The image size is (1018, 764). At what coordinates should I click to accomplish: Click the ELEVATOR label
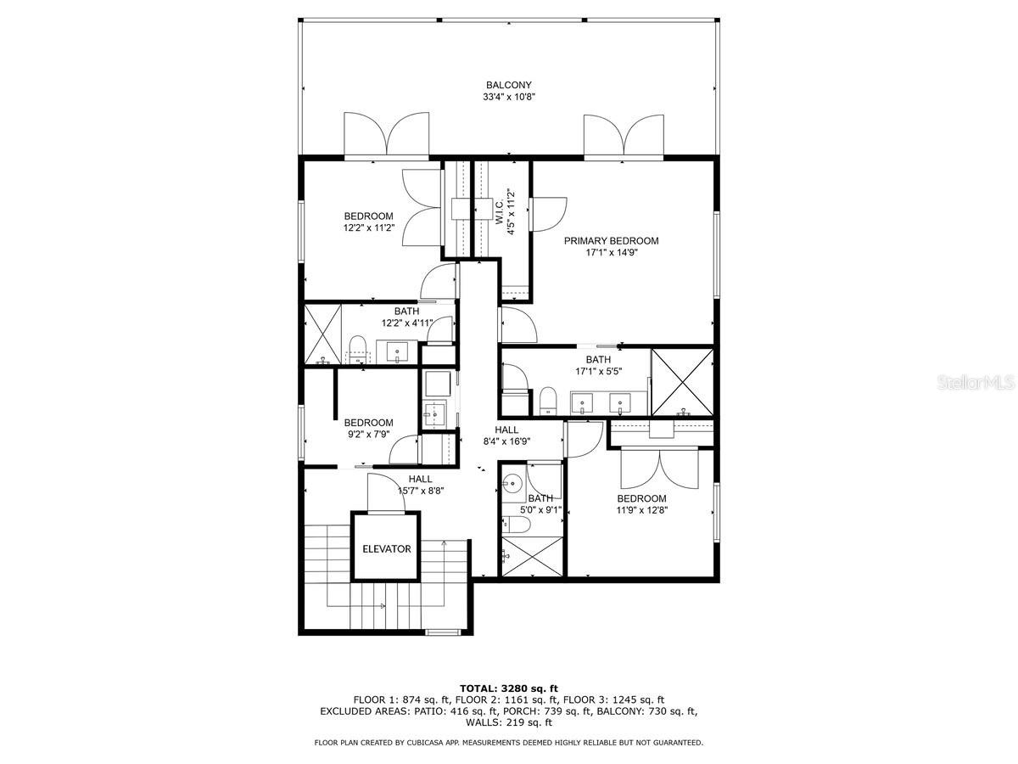pos(386,549)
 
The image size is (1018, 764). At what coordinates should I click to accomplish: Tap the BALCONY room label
pos(508,85)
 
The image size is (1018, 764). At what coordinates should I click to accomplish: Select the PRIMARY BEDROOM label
pos(611,241)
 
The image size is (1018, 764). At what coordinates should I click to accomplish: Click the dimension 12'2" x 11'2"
pos(368,228)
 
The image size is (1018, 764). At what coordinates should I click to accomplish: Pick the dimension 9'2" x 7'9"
pos(368,435)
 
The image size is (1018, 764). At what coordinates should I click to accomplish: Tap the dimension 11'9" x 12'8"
pos(641,511)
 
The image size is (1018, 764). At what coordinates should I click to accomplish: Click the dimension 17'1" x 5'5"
pos(597,372)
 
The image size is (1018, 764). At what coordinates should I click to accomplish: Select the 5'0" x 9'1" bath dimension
pos(540,510)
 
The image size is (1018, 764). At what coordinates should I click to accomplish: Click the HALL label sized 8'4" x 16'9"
pos(506,430)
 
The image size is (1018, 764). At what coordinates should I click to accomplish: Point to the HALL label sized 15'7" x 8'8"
pos(420,479)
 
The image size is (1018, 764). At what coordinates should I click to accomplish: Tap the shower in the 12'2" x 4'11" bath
pos(322,334)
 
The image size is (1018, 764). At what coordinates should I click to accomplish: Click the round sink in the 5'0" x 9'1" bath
pos(511,485)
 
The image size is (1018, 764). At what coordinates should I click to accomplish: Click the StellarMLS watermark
pos(976,384)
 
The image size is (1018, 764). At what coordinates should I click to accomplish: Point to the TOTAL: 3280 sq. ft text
pos(508,688)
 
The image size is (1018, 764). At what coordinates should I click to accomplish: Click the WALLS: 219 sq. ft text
pos(508,723)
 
